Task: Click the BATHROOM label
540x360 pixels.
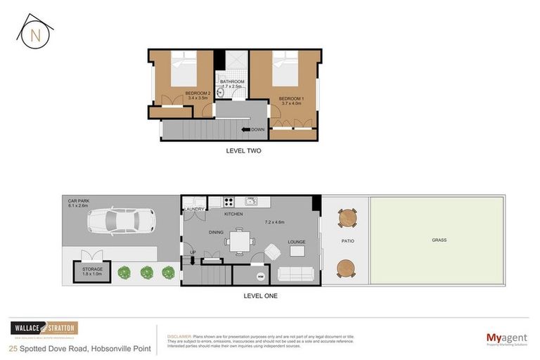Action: pyautogui.click(x=232, y=82)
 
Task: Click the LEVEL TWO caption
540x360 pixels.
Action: pyautogui.click(x=243, y=150)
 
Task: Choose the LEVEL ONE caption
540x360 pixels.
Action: pyautogui.click(x=260, y=296)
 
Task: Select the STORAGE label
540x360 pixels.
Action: pyautogui.click(x=93, y=269)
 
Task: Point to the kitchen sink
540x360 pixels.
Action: pyautogui.click(x=250, y=202)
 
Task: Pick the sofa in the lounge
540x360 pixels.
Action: pyautogui.click(x=297, y=274)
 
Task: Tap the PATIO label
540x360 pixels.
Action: pyautogui.click(x=347, y=240)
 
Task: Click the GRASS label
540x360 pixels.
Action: pyautogui.click(x=439, y=240)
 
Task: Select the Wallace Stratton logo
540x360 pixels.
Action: pyautogui.click(x=44, y=328)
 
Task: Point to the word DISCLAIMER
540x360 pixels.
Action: pyautogui.click(x=180, y=335)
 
